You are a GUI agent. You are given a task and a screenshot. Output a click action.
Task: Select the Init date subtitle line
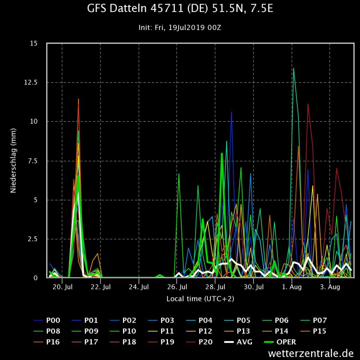pyautogui.click(x=180, y=28)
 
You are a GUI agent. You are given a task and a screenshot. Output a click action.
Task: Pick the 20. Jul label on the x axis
pyautogui.click(x=63, y=287)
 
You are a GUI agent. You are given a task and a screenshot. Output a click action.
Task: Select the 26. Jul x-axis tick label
pyautogui.click(x=177, y=287)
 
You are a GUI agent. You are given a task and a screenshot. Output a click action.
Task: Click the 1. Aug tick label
pyautogui.click(x=292, y=287)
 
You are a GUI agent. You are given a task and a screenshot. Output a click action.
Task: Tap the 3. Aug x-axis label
pyautogui.click(x=330, y=287)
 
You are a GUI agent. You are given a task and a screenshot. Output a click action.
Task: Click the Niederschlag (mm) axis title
pyautogui.click(x=13, y=161)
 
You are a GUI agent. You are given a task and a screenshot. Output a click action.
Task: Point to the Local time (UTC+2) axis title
pyautogui.click(x=200, y=299)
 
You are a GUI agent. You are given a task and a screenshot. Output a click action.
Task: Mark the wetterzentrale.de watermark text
pyautogui.click(x=311, y=353)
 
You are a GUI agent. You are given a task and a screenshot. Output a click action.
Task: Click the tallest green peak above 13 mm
pyautogui.click(x=293, y=69)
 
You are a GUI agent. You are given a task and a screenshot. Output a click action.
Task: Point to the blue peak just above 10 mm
pyautogui.click(x=231, y=112)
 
